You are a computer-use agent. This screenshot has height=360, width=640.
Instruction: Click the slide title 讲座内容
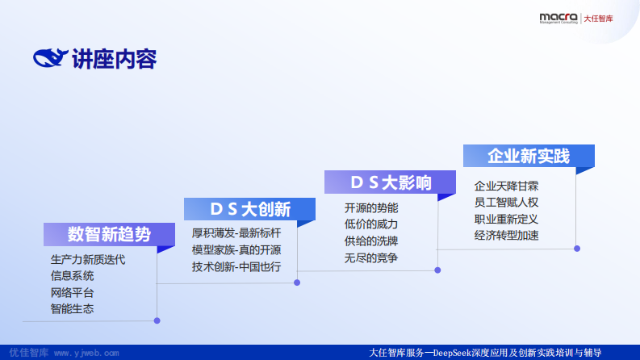pyautogui.click(x=114, y=59)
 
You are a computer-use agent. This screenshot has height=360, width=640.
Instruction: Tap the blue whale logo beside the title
pyautogui.click(x=51, y=59)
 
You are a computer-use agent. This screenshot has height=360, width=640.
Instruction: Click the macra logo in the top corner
pyautogui.click(x=557, y=18)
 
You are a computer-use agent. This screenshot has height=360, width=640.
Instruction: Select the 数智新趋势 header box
pyautogui.click(x=109, y=235)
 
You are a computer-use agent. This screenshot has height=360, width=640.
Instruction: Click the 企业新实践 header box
pyautogui.click(x=529, y=156)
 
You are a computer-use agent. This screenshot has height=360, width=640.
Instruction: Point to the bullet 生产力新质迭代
pyautogui.click(x=88, y=260)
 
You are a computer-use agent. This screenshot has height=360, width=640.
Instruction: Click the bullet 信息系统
pyautogui.click(x=72, y=276)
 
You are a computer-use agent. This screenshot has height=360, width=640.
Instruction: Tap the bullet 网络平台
pyautogui.click(x=72, y=292)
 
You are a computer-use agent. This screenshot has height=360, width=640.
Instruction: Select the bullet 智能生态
pyautogui.click(x=72, y=308)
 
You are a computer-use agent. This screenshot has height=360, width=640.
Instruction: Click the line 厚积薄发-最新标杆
pyautogui.click(x=236, y=233)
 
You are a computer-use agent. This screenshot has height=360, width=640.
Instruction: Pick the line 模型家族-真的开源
pyautogui.click(x=236, y=249)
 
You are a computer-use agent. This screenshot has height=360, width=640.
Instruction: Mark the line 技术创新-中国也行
pyautogui.click(x=236, y=266)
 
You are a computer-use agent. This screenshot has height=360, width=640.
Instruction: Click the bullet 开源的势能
pyautogui.click(x=371, y=207)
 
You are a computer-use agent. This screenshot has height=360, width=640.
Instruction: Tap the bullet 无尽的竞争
pyautogui.click(x=371, y=257)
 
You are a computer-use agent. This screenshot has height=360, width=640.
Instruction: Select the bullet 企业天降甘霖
pyautogui.click(x=506, y=185)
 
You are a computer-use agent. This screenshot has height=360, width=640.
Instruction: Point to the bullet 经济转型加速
pyautogui.click(x=506, y=236)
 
